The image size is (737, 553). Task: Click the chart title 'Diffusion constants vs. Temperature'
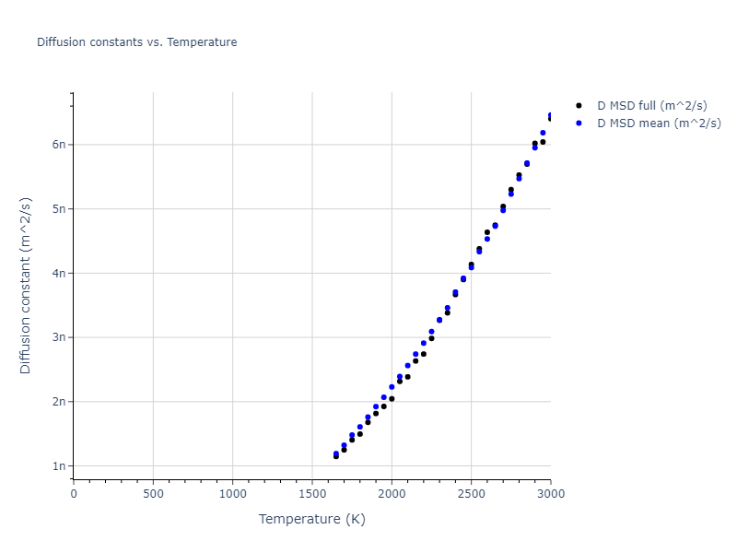(x=136, y=42)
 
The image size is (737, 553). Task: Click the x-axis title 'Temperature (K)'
(x=312, y=519)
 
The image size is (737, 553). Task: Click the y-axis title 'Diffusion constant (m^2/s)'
(x=26, y=285)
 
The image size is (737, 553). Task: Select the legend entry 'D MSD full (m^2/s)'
(x=652, y=107)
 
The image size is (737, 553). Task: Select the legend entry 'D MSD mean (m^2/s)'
(x=659, y=124)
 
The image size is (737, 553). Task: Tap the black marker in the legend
(x=579, y=107)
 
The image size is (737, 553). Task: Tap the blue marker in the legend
(x=579, y=124)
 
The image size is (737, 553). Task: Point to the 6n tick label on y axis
(x=59, y=145)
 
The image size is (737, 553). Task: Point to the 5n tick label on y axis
(x=59, y=208)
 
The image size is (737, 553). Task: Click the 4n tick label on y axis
(x=59, y=273)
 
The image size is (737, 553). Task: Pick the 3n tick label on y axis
(x=59, y=337)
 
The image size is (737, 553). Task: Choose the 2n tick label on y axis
(x=59, y=402)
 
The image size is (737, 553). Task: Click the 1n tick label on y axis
(x=59, y=466)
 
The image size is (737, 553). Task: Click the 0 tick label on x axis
(x=74, y=493)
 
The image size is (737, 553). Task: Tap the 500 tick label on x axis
(x=153, y=493)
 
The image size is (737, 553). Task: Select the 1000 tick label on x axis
(x=233, y=493)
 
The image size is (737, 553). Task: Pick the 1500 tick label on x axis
(x=312, y=493)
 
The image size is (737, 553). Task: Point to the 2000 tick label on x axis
(x=392, y=493)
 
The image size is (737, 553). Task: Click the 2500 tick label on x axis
(x=471, y=493)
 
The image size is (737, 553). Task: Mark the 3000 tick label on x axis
(x=550, y=493)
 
